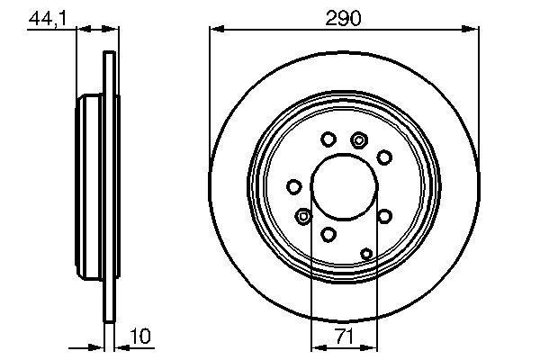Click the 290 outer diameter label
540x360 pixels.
(x=345, y=16)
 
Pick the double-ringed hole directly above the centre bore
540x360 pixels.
(x=360, y=139)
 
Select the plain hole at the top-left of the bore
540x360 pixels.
(x=328, y=139)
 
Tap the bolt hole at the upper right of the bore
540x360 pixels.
(x=384, y=157)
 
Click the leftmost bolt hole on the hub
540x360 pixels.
(x=293, y=186)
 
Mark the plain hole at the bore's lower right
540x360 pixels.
(x=384, y=217)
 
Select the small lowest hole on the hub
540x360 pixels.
(x=366, y=254)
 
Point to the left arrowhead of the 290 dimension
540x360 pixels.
(x=214, y=30)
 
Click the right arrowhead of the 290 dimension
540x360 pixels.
(x=473, y=30)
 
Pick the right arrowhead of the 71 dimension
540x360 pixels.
(x=373, y=348)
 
